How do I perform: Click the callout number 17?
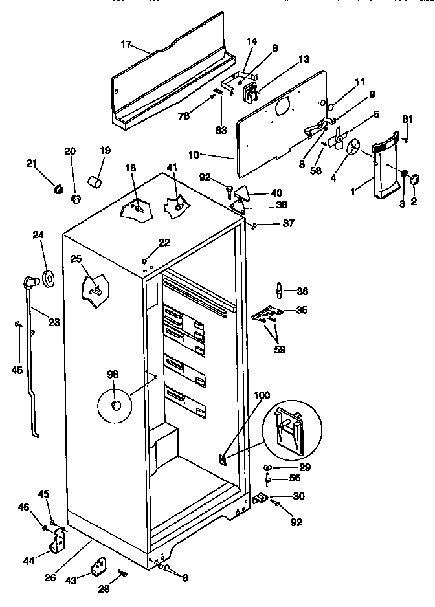[126, 44]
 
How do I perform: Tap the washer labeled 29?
[268, 467]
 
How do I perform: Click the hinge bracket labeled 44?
[61, 539]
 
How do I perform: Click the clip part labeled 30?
[261, 496]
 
